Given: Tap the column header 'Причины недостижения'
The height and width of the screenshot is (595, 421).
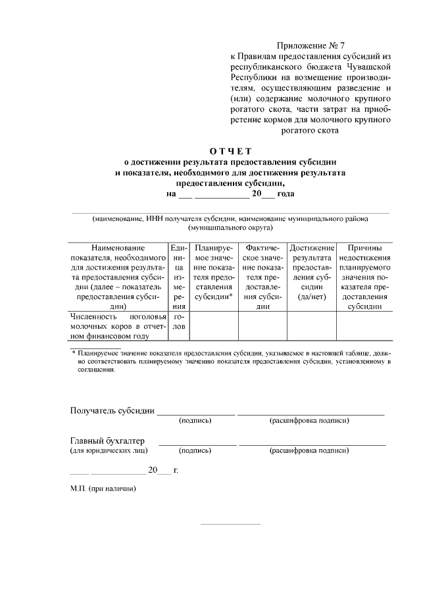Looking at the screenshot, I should pos(365,252).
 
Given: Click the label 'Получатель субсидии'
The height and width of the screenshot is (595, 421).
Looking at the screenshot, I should pos(112,411).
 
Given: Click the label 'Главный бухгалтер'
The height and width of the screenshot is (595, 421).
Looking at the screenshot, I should pos(107,440).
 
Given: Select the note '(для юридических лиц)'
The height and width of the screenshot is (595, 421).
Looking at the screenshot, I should pos(109,451).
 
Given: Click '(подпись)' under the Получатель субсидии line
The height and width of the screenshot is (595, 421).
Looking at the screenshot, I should pos(195,421).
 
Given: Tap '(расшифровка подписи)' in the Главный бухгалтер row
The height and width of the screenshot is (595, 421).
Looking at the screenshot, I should pos(309,451).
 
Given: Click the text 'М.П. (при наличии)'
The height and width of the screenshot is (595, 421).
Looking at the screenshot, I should pos(103,490).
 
